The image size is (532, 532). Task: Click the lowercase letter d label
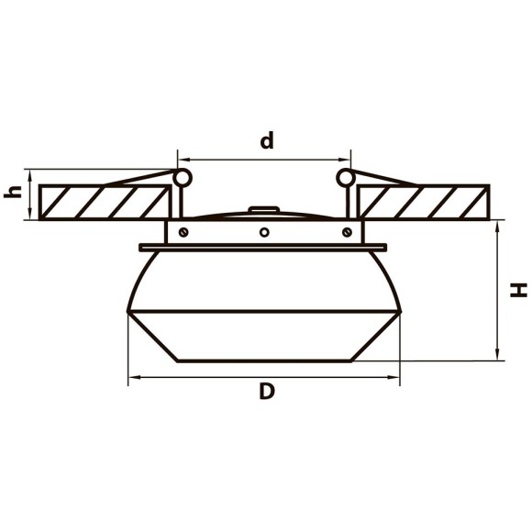click(267, 140)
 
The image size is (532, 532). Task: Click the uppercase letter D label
click(267, 391)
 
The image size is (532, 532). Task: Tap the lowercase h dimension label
click(13, 192)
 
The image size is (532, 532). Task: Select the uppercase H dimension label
click(518, 290)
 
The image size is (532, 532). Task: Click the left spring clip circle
click(183, 178)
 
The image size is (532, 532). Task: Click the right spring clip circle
click(346, 178)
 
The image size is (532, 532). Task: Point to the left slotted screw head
click(183, 232)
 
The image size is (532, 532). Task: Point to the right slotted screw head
click(347, 232)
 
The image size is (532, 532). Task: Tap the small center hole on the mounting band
click(264, 232)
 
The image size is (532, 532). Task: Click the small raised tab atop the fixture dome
click(264, 209)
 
